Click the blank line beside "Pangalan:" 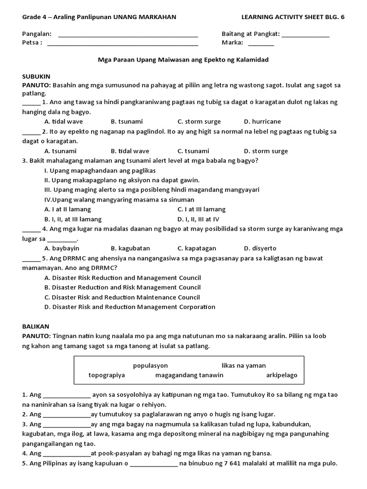tap(128, 35)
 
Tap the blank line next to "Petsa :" tap(123, 43)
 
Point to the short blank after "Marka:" tap(261, 43)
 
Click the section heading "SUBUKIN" tap(36, 76)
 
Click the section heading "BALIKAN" tap(36, 326)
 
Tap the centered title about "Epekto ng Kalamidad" tap(183, 60)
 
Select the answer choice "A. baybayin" tap(62, 248)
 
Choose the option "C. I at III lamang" tap(202, 209)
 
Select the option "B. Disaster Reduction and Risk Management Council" tap(122, 287)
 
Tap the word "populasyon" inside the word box tap(150, 365)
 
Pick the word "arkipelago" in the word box tap(281, 375)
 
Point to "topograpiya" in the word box tap(107, 375)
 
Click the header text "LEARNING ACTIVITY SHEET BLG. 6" tap(293, 17)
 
